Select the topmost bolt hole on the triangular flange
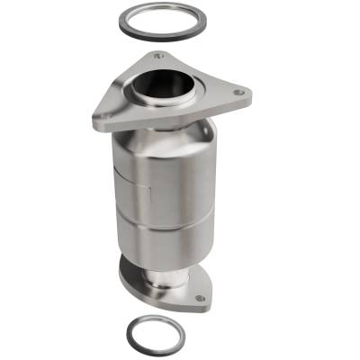pyautogui.click(x=158, y=56)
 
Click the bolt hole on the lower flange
pyautogui.click(x=198, y=298)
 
